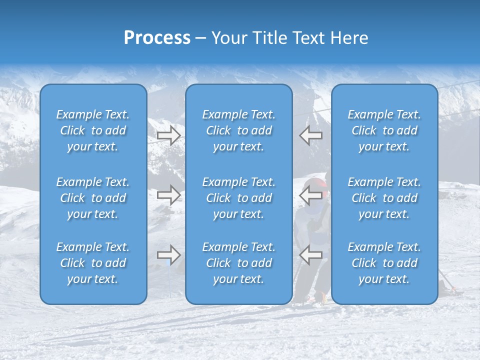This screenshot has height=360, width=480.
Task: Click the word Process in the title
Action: (x=157, y=38)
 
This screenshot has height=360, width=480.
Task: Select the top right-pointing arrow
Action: (x=168, y=135)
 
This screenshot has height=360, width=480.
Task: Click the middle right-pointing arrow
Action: (x=168, y=195)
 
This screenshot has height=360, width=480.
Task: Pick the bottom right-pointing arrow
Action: (x=168, y=255)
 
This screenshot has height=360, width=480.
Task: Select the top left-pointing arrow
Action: (x=310, y=135)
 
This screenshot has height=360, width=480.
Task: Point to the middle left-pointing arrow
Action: (x=310, y=195)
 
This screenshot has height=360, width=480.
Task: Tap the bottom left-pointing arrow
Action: (x=310, y=255)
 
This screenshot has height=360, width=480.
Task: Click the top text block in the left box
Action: (x=93, y=130)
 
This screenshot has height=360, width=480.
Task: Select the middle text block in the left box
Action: (x=93, y=198)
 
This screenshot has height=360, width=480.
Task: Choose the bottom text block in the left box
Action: (x=93, y=263)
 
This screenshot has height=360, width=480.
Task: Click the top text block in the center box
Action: (x=238, y=130)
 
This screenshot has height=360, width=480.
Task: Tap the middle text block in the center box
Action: (x=238, y=198)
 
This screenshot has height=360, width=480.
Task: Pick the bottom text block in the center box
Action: (x=238, y=263)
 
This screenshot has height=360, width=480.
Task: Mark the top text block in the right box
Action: (x=384, y=130)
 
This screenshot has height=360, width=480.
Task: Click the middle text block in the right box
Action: (x=384, y=198)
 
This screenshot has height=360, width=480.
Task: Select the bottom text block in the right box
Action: (x=384, y=263)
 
